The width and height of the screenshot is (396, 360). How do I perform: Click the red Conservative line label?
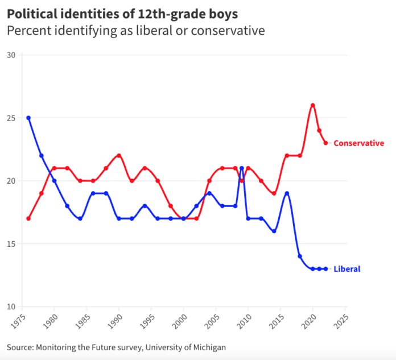pyautogui.click(x=358, y=143)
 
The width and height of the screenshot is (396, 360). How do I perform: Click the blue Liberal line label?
pyautogui.click(x=347, y=269)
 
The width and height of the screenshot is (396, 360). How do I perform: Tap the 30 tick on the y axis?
pyautogui.click(x=11, y=55)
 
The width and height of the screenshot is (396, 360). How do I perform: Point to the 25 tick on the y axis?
pyautogui.click(x=11, y=118)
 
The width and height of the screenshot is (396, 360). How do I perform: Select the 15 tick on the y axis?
pyautogui.click(x=11, y=244)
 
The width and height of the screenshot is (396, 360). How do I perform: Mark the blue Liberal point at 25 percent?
pyautogui.click(x=28, y=118)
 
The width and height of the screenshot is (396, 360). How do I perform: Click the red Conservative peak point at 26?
pyautogui.click(x=313, y=105)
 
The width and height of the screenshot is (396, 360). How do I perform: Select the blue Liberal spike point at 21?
pyautogui.click(x=242, y=168)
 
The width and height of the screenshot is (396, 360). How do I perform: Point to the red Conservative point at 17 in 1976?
pyautogui.click(x=28, y=218)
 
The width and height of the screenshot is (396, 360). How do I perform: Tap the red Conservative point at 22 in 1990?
pyautogui.click(x=119, y=155)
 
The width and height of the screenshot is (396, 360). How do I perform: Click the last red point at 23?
pyautogui.click(x=325, y=143)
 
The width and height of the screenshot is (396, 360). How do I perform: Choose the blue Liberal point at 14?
pyautogui.click(x=300, y=256)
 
